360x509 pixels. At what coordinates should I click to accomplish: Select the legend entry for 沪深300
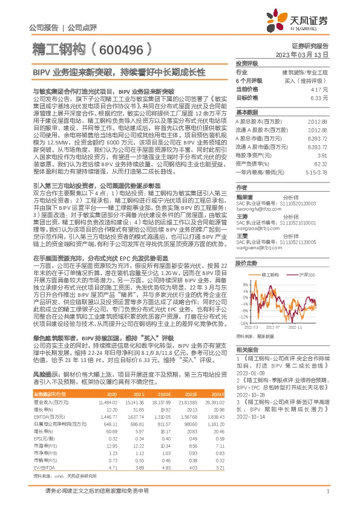pos(307,258)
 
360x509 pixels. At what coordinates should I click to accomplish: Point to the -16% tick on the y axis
pos(240,323)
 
